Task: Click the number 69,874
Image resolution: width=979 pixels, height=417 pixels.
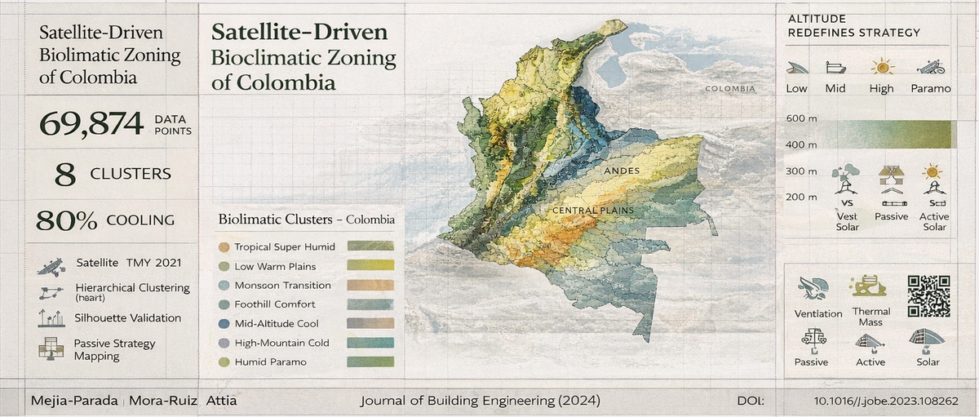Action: coord(90,124)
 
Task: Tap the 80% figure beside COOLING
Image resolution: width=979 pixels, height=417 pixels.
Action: coord(67,220)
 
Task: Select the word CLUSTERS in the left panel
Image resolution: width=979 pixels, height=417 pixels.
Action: coord(131,173)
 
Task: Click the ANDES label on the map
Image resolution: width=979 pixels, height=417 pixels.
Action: coord(622,171)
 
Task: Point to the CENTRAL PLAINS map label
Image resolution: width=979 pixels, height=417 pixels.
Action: coord(593,211)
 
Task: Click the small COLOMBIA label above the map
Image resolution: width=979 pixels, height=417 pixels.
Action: coord(730,89)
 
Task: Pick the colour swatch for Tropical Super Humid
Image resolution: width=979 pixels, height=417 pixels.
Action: coord(370,246)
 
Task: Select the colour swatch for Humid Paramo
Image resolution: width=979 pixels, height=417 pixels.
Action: coord(370,362)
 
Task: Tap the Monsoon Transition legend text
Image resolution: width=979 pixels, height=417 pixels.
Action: coord(282,286)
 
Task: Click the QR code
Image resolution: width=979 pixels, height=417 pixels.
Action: coord(928,296)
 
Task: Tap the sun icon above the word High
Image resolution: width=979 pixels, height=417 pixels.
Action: coord(882,67)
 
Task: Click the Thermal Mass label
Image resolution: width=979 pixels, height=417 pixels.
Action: coord(871,317)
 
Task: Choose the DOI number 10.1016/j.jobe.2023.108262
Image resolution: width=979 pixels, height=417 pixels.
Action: coord(885,401)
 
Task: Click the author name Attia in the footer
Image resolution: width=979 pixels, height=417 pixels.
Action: coord(221,401)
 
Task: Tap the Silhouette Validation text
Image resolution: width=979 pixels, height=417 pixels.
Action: coord(128,318)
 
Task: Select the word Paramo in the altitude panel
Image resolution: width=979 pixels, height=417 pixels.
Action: coord(930,88)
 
